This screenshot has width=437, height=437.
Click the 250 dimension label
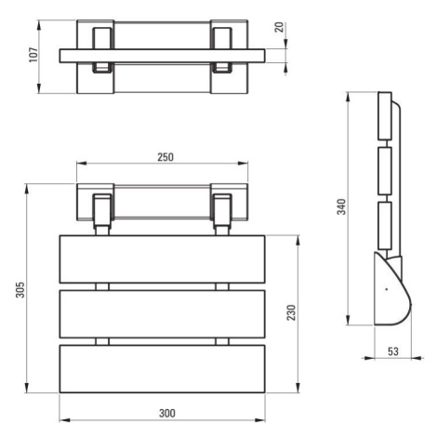166,157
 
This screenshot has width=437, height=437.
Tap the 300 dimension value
167,413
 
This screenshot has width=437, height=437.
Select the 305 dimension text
20,289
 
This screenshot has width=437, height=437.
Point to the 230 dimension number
291,312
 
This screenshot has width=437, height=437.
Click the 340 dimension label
341,206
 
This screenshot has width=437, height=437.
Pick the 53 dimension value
393,351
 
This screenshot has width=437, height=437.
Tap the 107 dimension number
33,55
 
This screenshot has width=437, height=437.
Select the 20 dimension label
279,27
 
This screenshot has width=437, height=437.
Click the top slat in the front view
162,259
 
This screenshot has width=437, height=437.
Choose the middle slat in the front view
162,314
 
